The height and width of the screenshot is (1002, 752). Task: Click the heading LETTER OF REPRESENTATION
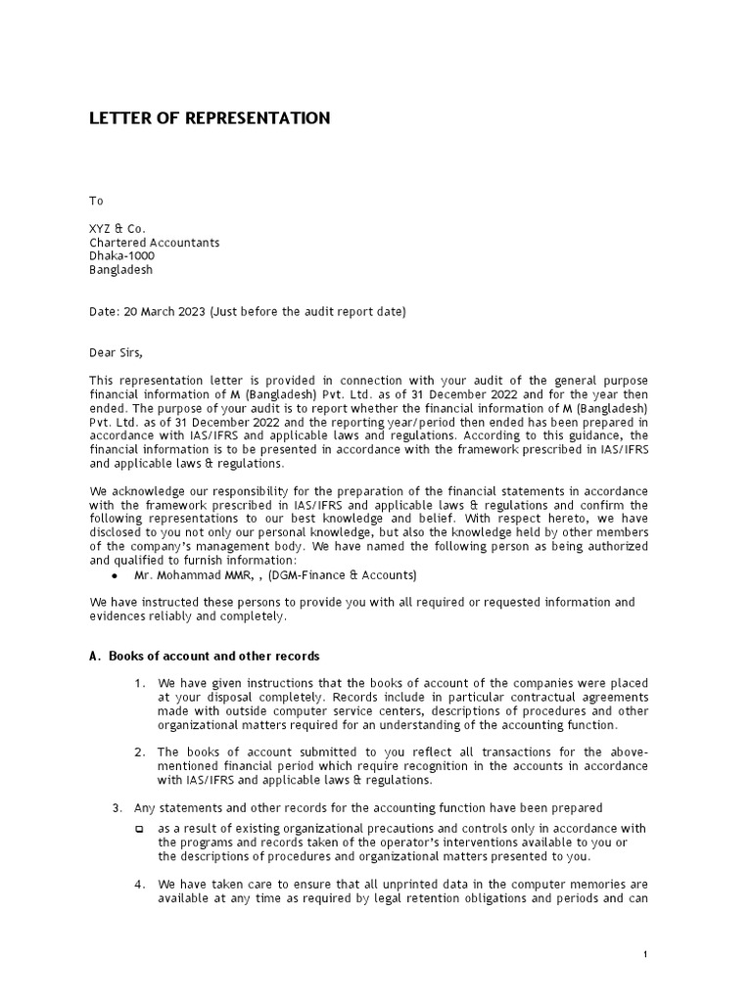click(210, 118)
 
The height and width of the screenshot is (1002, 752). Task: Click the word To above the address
click(96, 201)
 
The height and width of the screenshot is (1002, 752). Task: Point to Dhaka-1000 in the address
click(121, 256)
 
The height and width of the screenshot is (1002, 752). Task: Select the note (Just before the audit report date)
click(307, 312)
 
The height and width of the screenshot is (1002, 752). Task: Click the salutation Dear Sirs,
click(122, 353)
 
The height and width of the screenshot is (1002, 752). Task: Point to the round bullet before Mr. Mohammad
click(116, 575)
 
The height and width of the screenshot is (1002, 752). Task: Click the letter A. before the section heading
click(95, 656)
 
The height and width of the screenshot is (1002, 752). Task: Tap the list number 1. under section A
click(139, 683)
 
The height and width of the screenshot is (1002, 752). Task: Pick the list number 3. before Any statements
click(117, 807)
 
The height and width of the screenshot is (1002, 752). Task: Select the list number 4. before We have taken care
click(139, 885)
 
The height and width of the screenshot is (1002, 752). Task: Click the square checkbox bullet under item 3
click(139, 829)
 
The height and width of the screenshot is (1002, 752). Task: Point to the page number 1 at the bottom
click(645, 954)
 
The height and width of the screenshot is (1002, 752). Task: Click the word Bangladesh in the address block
click(121, 270)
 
